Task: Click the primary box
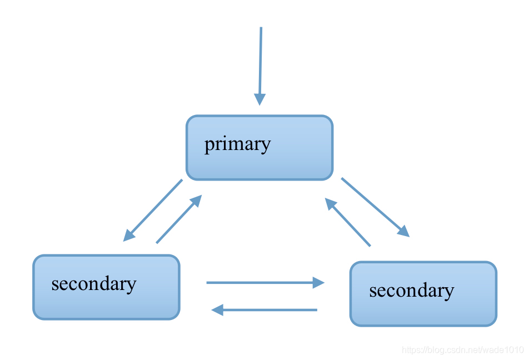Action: coord(259,148)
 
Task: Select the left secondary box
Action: coord(106,287)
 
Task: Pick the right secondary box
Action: coord(423,293)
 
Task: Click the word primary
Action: coord(237,144)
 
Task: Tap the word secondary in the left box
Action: coord(93,284)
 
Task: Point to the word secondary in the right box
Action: coord(411,291)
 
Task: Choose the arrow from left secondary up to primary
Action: coord(177,220)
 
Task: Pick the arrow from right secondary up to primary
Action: coord(349,224)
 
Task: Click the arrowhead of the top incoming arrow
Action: coord(259,99)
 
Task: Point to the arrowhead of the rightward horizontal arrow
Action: coord(318,283)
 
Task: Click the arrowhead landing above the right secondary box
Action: coord(403,231)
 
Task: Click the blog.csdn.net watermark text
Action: coord(462,350)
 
